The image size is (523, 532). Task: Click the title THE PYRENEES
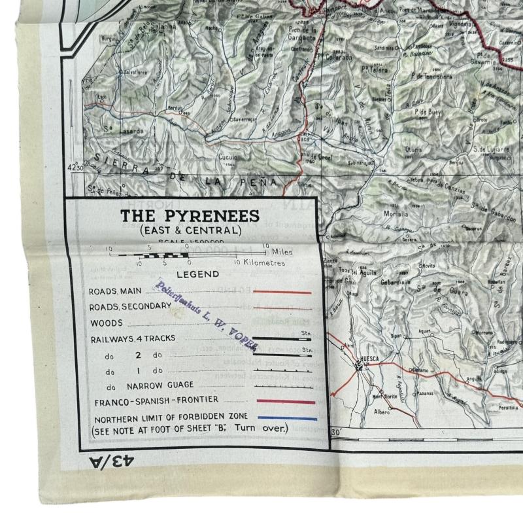point(190,216)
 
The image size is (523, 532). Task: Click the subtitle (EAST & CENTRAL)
point(190,230)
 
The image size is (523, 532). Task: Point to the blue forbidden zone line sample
point(287,418)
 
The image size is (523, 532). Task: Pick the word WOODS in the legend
point(107,323)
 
